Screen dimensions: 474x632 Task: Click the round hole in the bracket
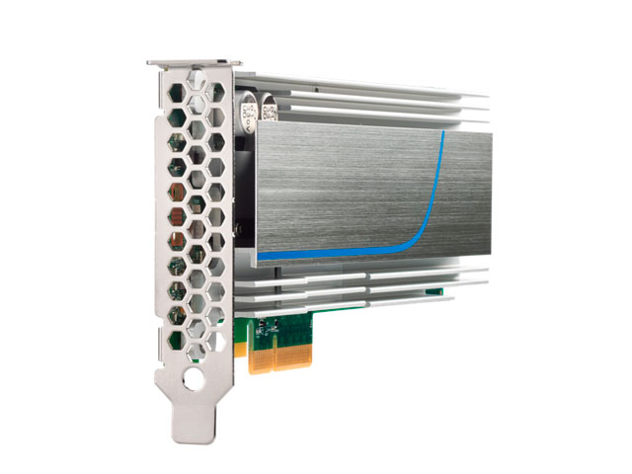(195, 378)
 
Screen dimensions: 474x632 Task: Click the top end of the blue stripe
(445, 134)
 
